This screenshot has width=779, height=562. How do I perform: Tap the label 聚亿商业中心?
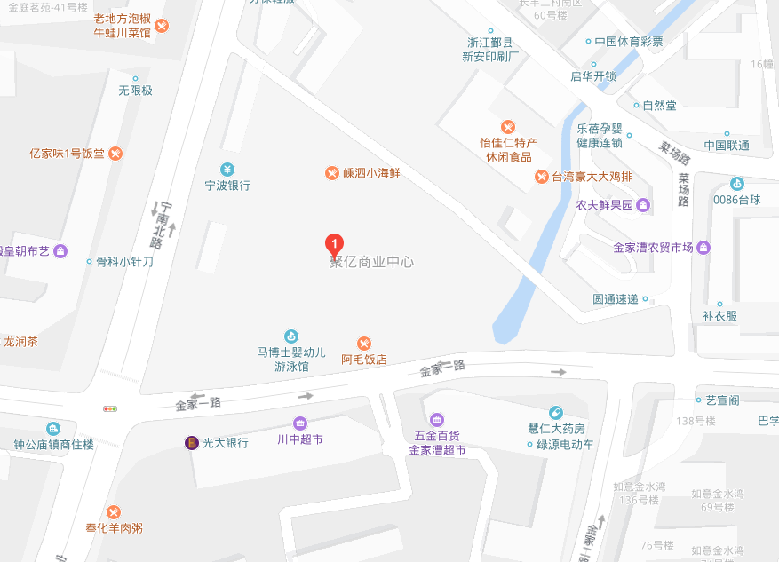pos(371,263)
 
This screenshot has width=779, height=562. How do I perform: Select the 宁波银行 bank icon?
pos(227,170)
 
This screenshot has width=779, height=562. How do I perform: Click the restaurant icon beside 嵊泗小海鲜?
pos(331,173)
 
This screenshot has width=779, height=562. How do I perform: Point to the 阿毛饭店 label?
pos(364,360)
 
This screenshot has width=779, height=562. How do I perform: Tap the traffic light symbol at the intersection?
pos(110,409)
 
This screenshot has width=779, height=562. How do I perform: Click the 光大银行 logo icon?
pos(191,442)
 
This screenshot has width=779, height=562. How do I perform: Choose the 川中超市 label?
pos(299,439)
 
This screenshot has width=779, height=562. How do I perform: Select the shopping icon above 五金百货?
pos(436,419)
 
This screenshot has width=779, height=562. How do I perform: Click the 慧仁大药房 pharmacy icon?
pos(556,412)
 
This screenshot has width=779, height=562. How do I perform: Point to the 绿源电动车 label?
pos(565,445)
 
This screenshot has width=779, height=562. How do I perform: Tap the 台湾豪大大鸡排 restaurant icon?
pos(541,177)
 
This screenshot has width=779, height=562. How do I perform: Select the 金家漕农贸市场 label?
pos(654,248)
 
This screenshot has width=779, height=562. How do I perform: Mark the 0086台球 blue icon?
pos(737,184)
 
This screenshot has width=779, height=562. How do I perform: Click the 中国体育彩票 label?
pos(629,41)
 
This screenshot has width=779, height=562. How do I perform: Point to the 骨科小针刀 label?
pos(124,262)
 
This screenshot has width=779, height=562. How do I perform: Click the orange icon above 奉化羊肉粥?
pos(114,511)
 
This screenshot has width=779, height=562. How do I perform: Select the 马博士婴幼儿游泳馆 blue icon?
pos(290,336)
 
